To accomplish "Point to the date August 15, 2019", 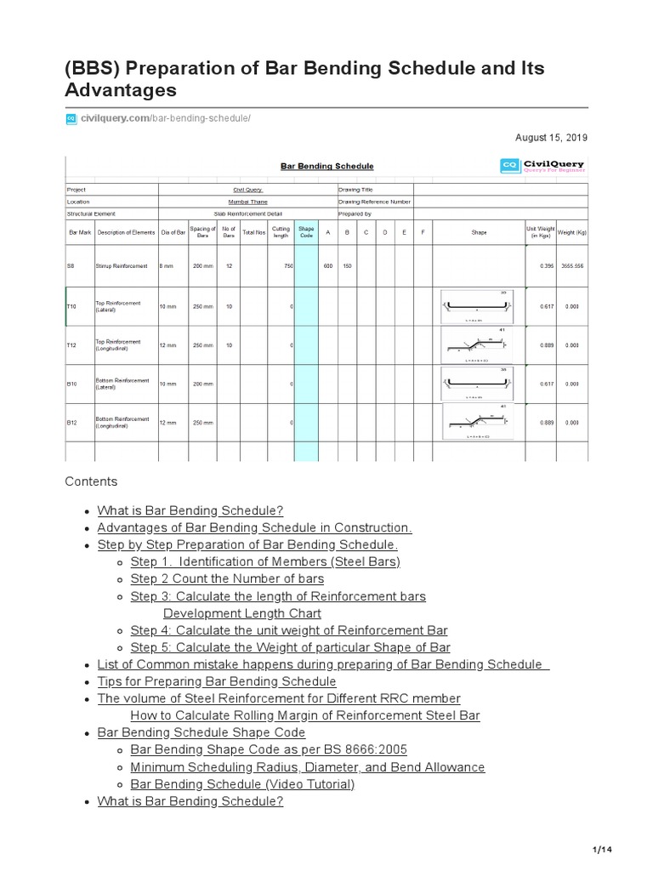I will [x=551, y=137].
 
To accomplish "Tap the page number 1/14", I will [x=601, y=850].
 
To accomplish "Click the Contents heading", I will [x=91, y=481].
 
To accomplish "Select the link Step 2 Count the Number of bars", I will [x=227, y=579].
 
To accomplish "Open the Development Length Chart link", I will [x=242, y=613].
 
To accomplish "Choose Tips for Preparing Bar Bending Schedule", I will [x=217, y=681].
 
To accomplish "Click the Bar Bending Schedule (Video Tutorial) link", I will [x=242, y=784].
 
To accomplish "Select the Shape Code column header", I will [x=305, y=231].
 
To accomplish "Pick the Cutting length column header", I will [x=281, y=231].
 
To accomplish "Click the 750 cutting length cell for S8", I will [x=288, y=266].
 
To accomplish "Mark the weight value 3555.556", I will [x=571, y=266].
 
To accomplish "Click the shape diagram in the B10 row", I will [x=479, y=384].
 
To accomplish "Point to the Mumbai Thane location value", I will [x=248, y=202].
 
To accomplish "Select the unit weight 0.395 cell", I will [x=546, y=266].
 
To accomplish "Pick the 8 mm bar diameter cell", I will [x=167, y=266].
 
